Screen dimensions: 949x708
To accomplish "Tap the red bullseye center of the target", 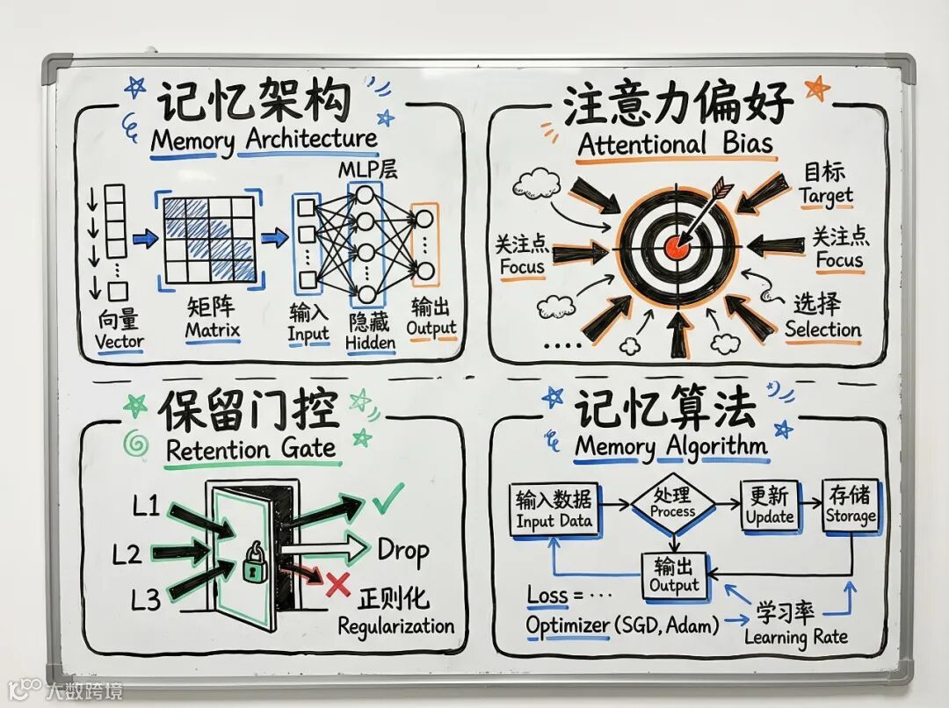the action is pyautogui.click(x=676, y=246).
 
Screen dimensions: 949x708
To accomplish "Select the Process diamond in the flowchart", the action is pyautogui.click(x=673, y=503).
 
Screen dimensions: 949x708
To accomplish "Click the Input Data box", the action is pyautogui.click(x=554, y=509).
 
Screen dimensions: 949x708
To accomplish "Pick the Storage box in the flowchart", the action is pyautogui.click(x=850, y=506).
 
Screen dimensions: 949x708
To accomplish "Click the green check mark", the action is pyautogui.click(x=387, y=498).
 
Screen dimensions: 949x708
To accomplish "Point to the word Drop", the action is pyautogui.click(x=402, y=551).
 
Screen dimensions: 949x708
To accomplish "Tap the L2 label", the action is pyautogui.click(x=127, y=554).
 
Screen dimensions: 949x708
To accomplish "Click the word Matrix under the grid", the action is pyautogui.click(x=212, y=331).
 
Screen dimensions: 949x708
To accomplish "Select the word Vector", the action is pyautogui.click(x=120, y=342).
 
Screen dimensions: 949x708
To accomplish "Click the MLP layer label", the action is pyautogui.click(x=368, y=169).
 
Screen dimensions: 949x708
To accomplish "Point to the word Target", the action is pyautogui.click(x=825, y=195).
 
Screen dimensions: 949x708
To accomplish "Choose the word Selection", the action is pyautogui.click(x=822, y=329).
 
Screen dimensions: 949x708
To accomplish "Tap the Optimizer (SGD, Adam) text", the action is pyautogui.click(x=622, y=625).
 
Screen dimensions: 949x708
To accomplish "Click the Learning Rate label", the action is pyautogui.click(x=796, y=637).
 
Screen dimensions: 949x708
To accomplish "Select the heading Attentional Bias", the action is pyautogui.click(x=676, y=144).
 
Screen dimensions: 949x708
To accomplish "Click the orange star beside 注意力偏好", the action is pyautogui.click(x=817, y=88).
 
